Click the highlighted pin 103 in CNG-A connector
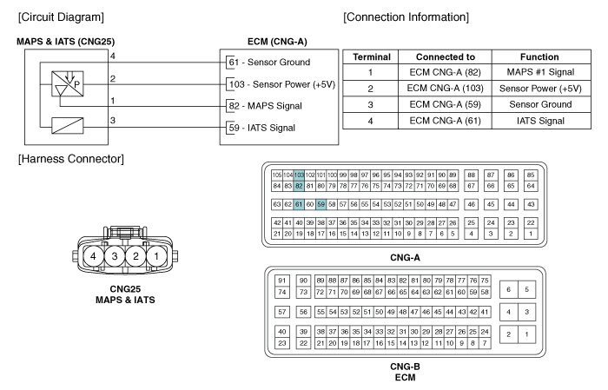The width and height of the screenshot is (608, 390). (299, 175)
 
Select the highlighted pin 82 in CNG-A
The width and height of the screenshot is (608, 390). (299, 186)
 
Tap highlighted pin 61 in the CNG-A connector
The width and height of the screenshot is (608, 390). (299, 204)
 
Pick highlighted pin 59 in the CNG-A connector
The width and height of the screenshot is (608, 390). (321, 204)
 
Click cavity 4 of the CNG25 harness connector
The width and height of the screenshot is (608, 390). (93, 256)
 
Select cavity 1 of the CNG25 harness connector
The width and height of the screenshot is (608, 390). (156, 256)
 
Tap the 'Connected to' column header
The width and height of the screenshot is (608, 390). (445, 57)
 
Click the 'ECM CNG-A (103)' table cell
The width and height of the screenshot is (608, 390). (445, 89)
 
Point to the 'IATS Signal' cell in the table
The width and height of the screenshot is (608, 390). (540, 121)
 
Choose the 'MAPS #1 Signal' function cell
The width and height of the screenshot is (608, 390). (540, 72)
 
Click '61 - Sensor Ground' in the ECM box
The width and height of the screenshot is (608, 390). (269, 62)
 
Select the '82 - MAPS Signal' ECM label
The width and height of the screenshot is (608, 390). (265, 106)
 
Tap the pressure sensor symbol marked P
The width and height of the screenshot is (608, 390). (68, 83)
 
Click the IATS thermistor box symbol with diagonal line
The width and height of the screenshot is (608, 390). (68, 126)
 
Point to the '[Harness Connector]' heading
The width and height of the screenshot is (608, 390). (71, 159)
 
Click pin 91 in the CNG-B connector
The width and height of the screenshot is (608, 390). (282, 281)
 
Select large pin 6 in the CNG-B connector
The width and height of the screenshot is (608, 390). (508, 289)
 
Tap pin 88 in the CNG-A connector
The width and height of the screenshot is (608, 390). (471, 175)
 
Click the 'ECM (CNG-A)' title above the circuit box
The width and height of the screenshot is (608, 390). (277, 42)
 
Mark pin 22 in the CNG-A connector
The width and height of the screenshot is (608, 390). (531, 222)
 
